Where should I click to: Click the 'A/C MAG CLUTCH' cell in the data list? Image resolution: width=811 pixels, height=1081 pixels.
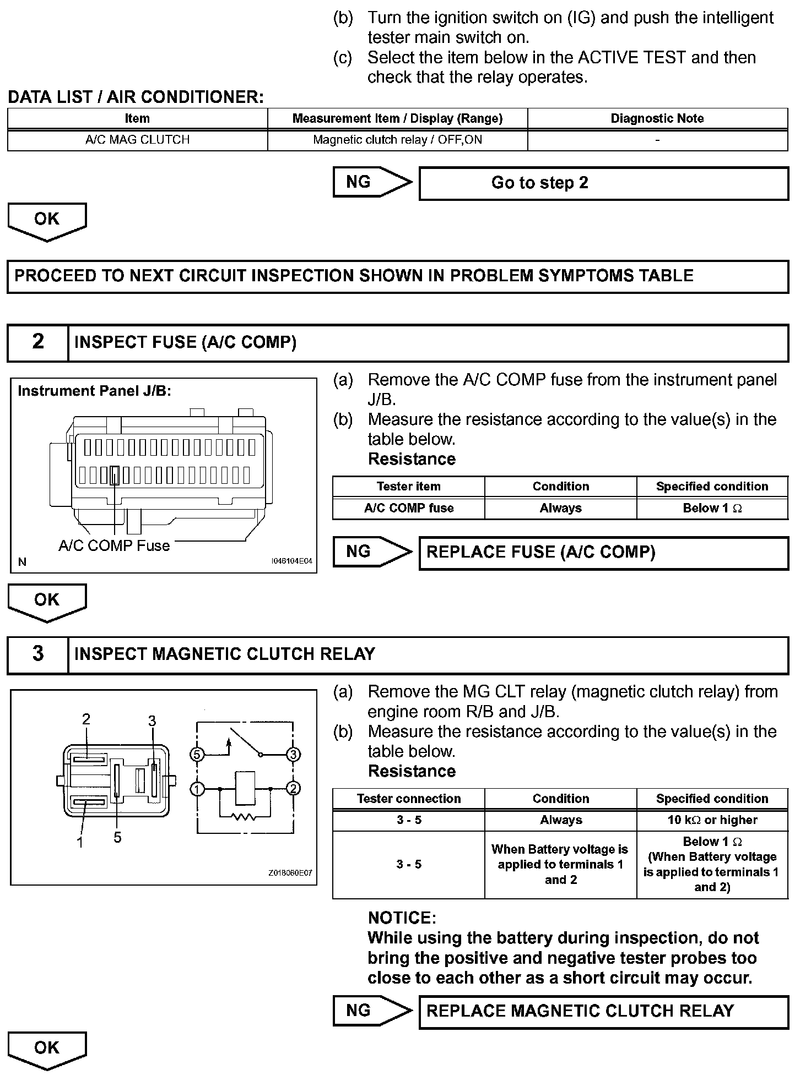click(x=137, y=140)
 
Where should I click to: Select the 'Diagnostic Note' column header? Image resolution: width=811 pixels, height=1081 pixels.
click(x=657, y=118)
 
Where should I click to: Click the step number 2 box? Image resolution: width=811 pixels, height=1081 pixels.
click(x=37, y=342)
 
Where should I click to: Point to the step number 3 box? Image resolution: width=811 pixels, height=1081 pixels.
click(x=37, y=654)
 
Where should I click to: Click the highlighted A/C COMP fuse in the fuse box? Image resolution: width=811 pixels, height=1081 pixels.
click(x=115, y=475)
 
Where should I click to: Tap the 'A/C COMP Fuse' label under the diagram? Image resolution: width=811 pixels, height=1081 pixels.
click(x=114, y=546)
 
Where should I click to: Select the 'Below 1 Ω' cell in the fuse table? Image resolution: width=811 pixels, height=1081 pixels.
click(x=712, y=508)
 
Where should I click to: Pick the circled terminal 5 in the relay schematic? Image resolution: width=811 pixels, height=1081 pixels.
click(x=197, y=754)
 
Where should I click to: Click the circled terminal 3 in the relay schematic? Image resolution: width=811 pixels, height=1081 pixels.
click(x=293, y=754)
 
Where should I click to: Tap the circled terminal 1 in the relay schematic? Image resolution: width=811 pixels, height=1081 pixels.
click(x=197, y=789)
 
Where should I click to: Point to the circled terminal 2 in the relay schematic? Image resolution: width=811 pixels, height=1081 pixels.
click(x=293, y=789)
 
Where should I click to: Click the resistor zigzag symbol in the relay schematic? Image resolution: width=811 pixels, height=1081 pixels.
click(x=244, y=817)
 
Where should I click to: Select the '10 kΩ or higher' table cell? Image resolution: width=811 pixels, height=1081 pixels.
click(x=712, y=820)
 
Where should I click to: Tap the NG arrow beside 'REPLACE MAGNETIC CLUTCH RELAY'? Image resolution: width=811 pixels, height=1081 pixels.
click(x=372, y=1011)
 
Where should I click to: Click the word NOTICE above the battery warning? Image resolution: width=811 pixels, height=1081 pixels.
click(x=402, y=918)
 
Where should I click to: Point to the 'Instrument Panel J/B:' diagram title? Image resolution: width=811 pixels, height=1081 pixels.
click(x=94, y=391)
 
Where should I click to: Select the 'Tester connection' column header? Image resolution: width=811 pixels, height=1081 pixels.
click(x=409, y=799)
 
